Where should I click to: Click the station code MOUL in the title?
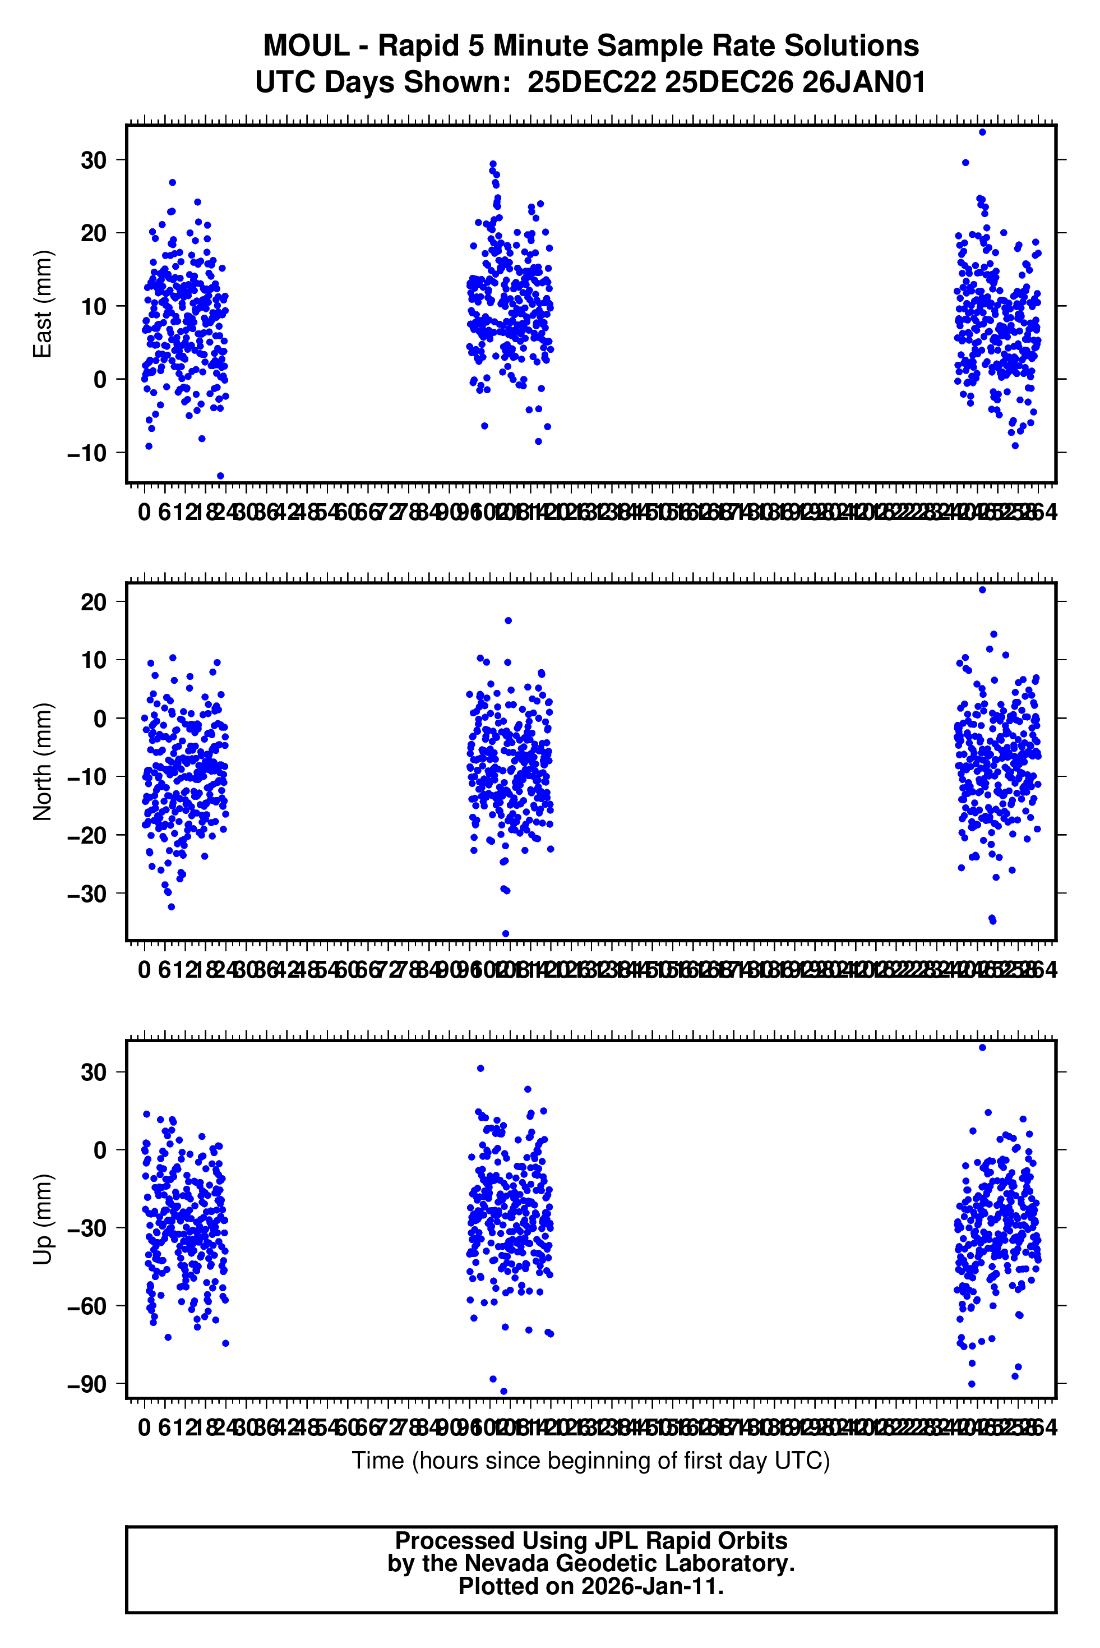pos(306,47)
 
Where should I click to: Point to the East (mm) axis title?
pos(43,304)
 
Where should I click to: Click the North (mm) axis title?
pos(43,762)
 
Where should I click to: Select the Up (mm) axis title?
pos(43,1219)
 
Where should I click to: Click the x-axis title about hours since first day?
pos(591,1461)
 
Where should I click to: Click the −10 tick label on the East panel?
pos(87,453)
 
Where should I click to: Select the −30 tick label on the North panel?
pos(87,894)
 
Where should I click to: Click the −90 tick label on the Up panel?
pos(87,1384)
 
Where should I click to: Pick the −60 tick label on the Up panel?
pos(87,1306)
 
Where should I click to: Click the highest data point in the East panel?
pos(982,132)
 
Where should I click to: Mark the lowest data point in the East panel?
pos(220,476)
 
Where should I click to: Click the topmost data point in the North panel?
pos(982,590)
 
